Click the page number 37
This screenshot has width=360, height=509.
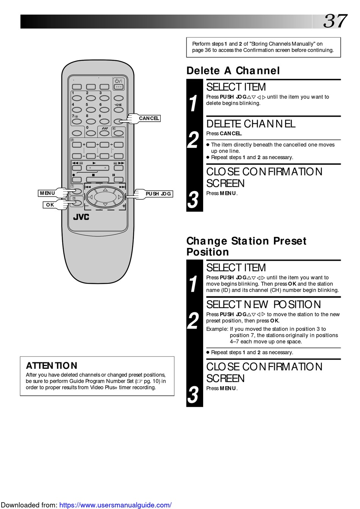click(x=335, y=21)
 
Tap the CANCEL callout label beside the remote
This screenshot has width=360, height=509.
click(x=149, y=118)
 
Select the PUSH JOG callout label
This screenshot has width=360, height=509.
click(x=158, y=194)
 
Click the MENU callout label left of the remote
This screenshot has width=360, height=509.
click(x=47, y=193)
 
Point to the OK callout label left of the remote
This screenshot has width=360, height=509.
click(x=50, y=205)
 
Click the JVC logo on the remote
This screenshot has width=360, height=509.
click(x=81, y=217)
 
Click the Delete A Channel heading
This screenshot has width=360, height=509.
click(x=233, y=71)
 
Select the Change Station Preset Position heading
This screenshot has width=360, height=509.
click(x=246, y=246)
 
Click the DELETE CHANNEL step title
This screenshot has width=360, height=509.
click(x=250, y=124)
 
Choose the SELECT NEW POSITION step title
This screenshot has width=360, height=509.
click(x=263, y=305)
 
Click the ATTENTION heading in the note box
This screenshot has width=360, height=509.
click(x=52, y=366)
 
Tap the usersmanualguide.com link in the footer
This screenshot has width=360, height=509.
click(x=115, y=505)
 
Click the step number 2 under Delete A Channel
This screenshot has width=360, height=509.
click(x=193, y=140)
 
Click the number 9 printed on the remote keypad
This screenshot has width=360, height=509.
click(x=100, y=116)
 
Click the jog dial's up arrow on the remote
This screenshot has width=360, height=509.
click(x=105, y=190)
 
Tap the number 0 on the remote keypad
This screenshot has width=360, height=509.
click(x=87, y=127)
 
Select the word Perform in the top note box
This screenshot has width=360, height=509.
click(x=201, y=44)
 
